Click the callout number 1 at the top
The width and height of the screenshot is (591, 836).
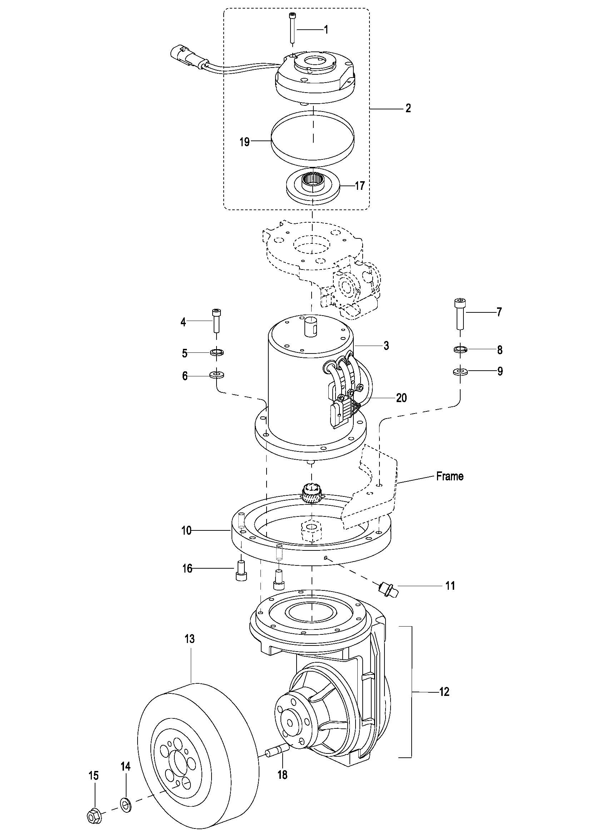click(326, 30)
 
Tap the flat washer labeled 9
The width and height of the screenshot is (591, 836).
click(460, 371)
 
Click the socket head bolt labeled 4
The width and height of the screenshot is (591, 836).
click(217, 320)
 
